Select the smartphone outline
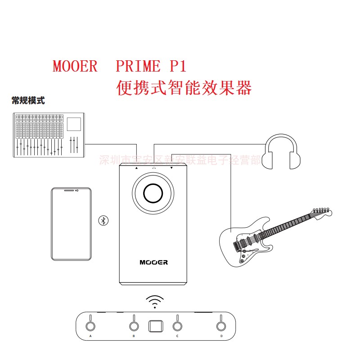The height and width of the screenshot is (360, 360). (72, 224)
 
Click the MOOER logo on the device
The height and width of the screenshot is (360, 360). (153, 262)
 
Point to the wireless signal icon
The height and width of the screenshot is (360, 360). (155, 301)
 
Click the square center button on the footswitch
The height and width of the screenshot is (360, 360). (155, 325)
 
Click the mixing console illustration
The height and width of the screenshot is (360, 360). (47, 135)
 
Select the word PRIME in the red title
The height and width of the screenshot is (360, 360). (138, 67)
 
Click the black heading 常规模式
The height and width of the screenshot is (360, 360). (28, 100)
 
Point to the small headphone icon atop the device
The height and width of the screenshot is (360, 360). (154, 168)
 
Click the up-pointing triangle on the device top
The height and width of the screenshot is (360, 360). (136, 168)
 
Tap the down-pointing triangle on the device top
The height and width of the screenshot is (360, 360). (171, 168)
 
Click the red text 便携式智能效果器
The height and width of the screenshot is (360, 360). (184, 87)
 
